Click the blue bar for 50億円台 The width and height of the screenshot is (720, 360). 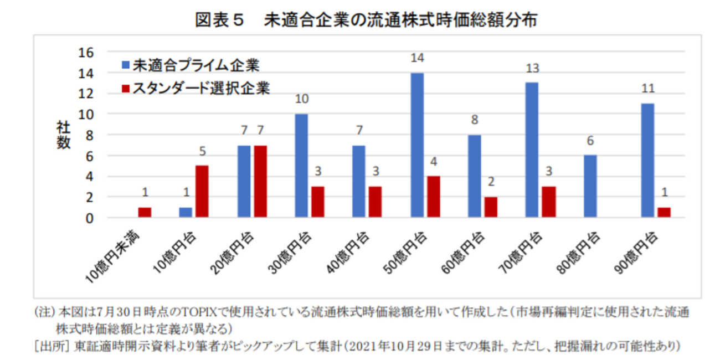pos(417,145)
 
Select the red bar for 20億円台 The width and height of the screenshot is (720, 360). pos(260,182)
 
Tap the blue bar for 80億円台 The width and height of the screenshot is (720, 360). pos(590,186)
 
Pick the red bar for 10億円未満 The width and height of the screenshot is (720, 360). pos(145,213)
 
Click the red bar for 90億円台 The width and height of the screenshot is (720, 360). pos(664,213)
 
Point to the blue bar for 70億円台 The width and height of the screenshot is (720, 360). pos(532,150)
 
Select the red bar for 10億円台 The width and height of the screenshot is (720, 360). pos(202,192)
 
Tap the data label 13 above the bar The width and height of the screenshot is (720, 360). pos(532,69)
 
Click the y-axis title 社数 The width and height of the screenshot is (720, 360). pos(63,135)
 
